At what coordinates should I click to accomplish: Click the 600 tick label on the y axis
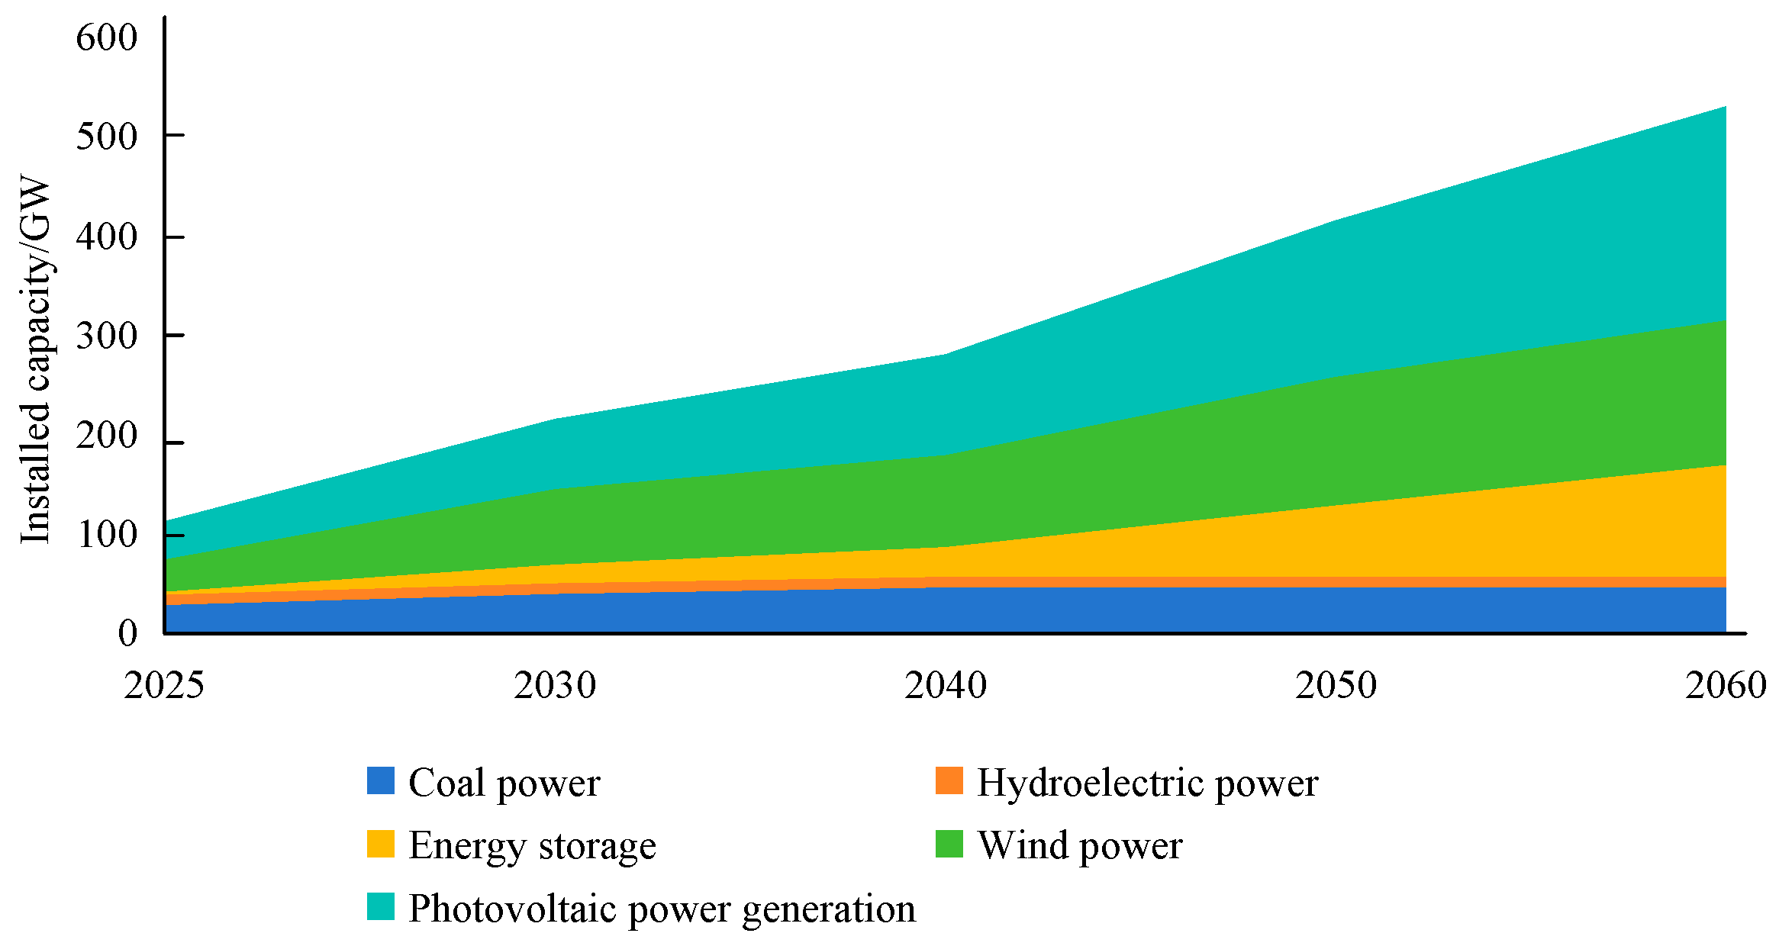(106, 37)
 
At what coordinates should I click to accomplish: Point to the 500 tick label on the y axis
(106, 137)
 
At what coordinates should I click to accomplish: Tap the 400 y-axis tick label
(106, 236)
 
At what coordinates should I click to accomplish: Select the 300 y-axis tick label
(106, 336)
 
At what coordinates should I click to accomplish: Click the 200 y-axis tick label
(106, 436)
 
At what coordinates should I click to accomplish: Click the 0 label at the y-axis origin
(127, 633)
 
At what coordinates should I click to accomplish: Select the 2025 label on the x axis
(163, 685)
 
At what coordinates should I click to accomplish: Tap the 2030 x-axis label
(554, 685)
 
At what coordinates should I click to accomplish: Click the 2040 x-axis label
(945, 685)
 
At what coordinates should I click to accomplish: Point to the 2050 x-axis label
(1336, 685)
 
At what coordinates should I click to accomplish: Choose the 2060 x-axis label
(1726, 685)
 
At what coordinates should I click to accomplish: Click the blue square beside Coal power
(380, 781)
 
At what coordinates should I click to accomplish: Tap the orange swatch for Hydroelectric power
(949, 781)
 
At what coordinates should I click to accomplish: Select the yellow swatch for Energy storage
(380, 844)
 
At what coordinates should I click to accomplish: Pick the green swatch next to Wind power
(949, 844)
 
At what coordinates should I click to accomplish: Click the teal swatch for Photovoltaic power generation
(380, 906)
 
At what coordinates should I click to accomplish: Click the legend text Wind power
(1079, 845)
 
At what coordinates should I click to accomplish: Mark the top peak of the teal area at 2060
(1725, 107)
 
